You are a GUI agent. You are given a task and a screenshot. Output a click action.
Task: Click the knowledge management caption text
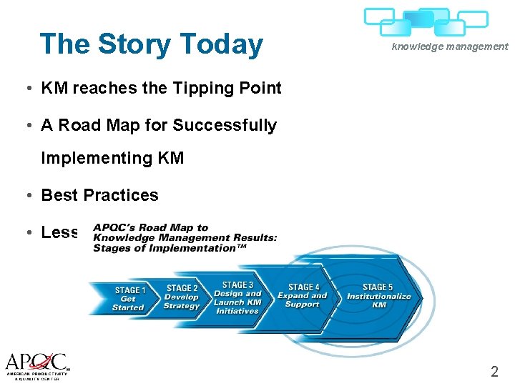pos(449,46)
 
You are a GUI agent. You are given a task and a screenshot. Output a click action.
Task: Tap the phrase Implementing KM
pos(112,158)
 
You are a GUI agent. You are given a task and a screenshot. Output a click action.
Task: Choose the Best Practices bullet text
pos(99,195)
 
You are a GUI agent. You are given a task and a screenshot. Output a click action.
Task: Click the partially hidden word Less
pos(59,232)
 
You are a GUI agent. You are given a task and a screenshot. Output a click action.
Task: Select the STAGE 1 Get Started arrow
pos(128,299)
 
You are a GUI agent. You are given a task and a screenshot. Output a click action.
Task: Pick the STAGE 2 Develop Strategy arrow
pos(182,297)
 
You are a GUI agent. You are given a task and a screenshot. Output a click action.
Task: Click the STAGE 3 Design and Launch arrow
pos(237,297)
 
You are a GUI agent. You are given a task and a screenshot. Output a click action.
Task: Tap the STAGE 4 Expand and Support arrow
pos(303,296)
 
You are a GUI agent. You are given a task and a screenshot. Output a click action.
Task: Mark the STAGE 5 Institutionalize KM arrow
pos(378,296)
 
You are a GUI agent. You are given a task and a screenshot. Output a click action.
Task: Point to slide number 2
pos(494,371)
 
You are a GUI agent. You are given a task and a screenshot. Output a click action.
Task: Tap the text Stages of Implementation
pos(164,248)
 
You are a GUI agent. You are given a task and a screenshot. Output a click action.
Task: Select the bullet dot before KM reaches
pos(25,89)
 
